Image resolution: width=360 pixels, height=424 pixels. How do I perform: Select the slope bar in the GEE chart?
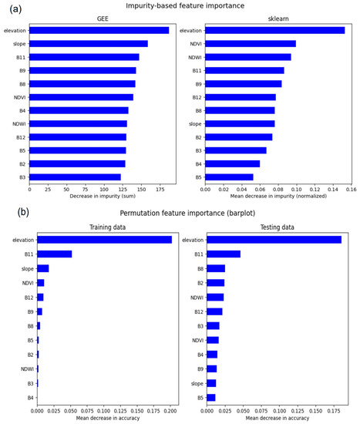92,43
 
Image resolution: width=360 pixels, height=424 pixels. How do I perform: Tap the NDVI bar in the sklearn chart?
250,43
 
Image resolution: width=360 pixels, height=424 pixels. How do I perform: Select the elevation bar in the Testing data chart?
274,240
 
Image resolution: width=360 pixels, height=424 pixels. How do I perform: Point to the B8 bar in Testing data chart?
216,268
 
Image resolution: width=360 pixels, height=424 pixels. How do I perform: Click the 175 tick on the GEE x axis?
160,189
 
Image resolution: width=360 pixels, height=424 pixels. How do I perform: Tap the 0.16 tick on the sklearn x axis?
351,189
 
